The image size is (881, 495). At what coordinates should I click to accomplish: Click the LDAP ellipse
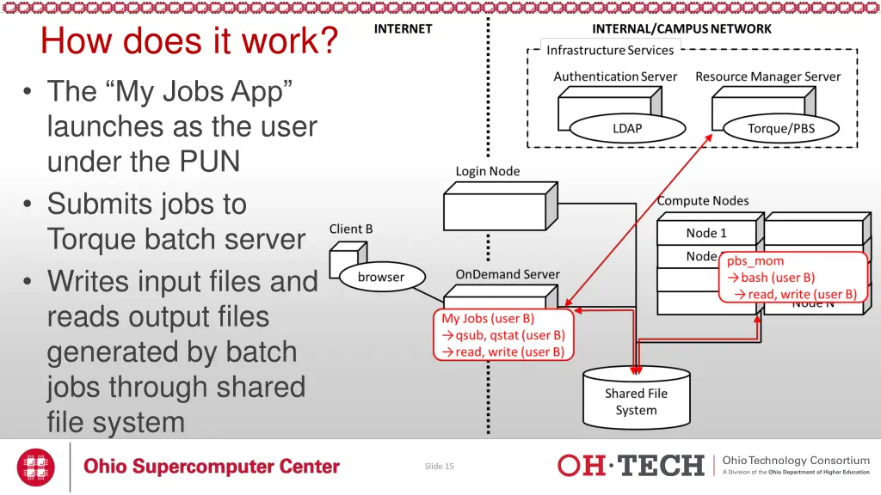click(627, 129)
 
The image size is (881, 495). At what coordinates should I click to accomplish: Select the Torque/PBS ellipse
click(781, 129)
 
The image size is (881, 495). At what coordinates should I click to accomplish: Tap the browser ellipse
click(381, 278)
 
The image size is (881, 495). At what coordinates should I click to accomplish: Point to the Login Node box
click(500, 206)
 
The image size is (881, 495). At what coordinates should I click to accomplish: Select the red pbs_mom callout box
click(793, 278)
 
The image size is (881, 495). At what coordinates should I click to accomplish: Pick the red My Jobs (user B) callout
click(503, 335)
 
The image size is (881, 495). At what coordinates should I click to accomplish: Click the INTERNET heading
click(403, 29)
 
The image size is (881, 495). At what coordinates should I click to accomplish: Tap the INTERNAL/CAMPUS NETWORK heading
click(681, 29)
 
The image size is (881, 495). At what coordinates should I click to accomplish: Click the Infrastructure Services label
click(610, 51)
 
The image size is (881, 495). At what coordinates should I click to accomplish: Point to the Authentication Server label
click(615, 76)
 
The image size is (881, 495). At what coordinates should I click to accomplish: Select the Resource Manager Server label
click(768, 76)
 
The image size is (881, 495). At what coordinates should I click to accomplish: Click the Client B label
click(351, 229)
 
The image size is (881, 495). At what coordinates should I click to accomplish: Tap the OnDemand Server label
click(508, 274)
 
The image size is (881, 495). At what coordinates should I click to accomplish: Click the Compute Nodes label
click(703, 201)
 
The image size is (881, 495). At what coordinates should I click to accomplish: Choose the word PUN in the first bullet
click(210, 162)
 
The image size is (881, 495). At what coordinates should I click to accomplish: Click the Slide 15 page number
click(439, 467)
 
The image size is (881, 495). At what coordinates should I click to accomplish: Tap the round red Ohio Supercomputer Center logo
click(35, 467)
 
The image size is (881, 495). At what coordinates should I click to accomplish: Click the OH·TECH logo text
click(631, 466)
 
